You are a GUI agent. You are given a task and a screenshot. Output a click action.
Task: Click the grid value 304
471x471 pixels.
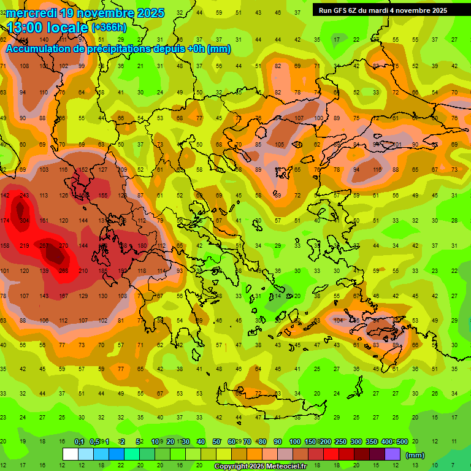click(x=24, y=220)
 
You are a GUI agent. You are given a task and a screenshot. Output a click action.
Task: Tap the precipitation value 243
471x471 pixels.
click(x=24, y=195)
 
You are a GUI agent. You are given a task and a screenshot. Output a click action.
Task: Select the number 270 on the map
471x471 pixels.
click(x=63, y=245)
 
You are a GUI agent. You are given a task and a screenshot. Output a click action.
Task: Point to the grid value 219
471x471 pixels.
click(x=24, y=245)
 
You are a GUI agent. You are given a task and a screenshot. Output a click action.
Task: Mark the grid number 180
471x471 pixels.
click(x=142, y=245)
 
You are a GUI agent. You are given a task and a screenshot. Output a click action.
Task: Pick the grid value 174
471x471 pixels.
click(x=5, y=220)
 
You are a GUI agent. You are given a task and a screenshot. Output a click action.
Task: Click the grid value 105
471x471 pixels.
click(x=279, y=145)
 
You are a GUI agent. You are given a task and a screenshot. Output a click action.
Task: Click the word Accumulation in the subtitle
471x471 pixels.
click(x=37, y=49)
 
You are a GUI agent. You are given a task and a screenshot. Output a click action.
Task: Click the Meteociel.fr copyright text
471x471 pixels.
click(x=260, y=467)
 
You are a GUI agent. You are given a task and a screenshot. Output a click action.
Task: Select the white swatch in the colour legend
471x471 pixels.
click(x=71, y=454)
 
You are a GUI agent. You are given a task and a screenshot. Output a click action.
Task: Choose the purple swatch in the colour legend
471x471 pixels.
click(x=392, y=454)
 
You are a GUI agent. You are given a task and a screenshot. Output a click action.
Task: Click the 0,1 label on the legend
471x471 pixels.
click(x=79, y=442)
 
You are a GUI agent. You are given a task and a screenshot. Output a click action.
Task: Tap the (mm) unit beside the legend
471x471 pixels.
click(x=415, y=455)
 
